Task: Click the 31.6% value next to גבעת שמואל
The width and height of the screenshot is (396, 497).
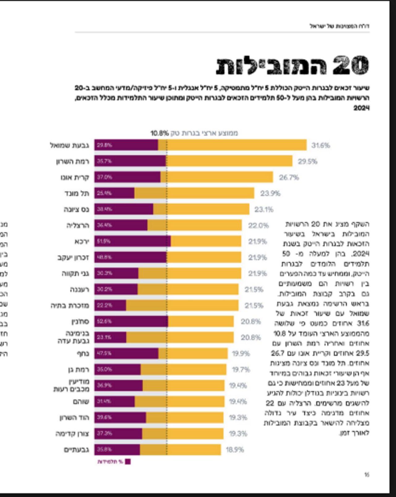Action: pyautogui.click(x=321, y=145)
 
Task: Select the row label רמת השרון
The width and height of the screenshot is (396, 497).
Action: pyautogui.click(x=73, y=161)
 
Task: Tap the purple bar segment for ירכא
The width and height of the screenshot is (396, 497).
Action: pyautogui.click(x=132, y=241)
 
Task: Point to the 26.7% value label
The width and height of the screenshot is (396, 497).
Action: pyautogui.click(x=289, y=177)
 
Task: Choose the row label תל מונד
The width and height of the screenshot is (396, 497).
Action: pyautogui.click(x=77, y=194)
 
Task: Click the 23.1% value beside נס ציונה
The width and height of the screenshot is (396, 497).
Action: pyautogui.click(x=264, y=210)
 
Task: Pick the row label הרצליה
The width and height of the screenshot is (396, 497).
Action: pyautogui.click(x=78, y=225)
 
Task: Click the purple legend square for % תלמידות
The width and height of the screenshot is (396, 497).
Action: pyautogui.click(x=128, y=462)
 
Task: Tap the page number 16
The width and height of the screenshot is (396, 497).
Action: pyautogui.click(x=367, y=474)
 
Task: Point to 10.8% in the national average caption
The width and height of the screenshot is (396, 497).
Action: pyautogui.click(x=160, y=133)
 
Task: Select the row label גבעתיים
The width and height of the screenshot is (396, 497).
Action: pyautogui.click(x=76, y=450)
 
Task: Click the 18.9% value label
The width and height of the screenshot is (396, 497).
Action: pyautogui.click(x=235, y=450)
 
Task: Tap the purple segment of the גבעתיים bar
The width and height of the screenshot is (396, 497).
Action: pyautogui.click(x=117, y=450)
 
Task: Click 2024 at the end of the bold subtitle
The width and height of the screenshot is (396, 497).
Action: pyautogui.click(x=361, y=108)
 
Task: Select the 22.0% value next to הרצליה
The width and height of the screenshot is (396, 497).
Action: pyautogui.click(x=258, y=225)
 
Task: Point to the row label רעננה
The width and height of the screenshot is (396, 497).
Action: pyautogui.click(x=79, y=290)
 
